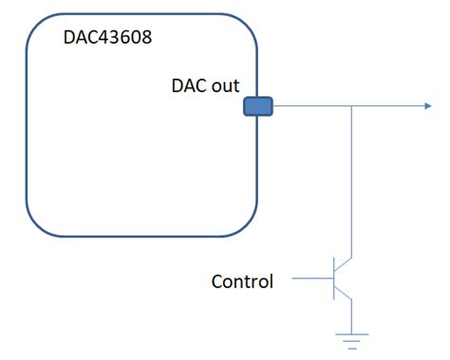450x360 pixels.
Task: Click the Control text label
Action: coord(242,281)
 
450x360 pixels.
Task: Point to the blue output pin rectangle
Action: coord(258,106)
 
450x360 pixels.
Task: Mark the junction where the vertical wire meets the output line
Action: coord(352,106)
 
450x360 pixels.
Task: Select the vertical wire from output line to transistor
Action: coord(352,180)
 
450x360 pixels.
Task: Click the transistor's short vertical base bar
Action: coord(333,279)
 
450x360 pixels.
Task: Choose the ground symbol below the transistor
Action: coord(352,337)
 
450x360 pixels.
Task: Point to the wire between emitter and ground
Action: coord(352,316)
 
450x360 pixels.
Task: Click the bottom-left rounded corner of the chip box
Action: coord(36,225)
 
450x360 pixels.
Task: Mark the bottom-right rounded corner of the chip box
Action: coord(249,225)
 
